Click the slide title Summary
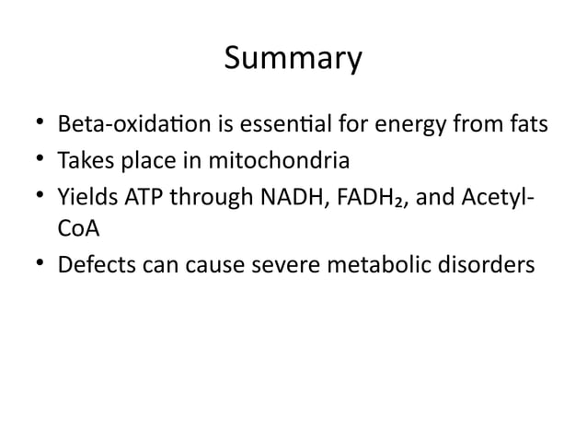(293, 60)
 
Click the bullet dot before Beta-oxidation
(40, 123)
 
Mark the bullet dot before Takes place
(40, 163)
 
